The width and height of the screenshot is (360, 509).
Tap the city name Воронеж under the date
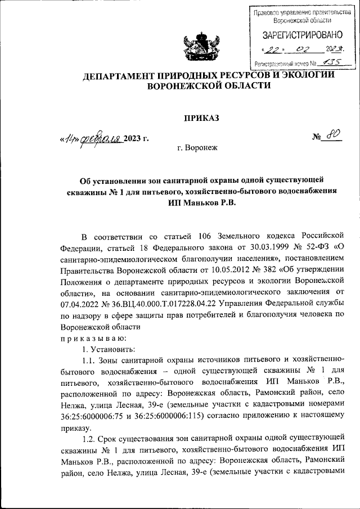click(200, 148)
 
